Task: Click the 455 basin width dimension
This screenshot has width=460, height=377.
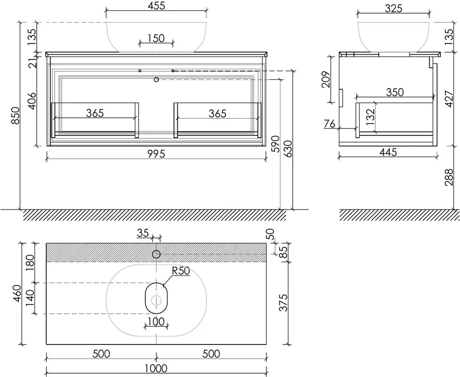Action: point(156,6)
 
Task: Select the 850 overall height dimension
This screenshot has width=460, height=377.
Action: point(15,115)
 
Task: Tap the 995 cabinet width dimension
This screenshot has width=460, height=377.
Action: point(156,154)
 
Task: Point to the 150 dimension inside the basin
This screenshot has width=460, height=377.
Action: point(156,38)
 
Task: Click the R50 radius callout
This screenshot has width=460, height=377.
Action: point(181,271)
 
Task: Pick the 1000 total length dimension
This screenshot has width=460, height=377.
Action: point(156,368)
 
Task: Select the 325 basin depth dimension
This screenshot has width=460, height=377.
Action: point(393,8)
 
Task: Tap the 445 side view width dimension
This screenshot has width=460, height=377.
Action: point(388,152)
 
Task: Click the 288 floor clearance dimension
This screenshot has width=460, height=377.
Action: point(449,177)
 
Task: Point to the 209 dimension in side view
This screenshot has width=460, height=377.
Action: point(326,79)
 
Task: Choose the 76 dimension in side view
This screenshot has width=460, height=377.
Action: point(329,124)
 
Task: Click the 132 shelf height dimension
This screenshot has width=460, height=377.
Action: point(370,117)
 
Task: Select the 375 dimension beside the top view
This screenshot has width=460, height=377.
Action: point(283,303)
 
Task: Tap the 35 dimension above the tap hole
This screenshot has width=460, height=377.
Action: point(143,233)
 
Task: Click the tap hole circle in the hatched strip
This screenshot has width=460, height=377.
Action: point(156,254)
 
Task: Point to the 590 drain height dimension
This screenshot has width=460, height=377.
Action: point(275,144)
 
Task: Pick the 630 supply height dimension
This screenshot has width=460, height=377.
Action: point(288,149)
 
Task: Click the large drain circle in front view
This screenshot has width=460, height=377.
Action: point(156,79)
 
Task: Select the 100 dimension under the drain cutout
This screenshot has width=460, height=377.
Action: point(156,321)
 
